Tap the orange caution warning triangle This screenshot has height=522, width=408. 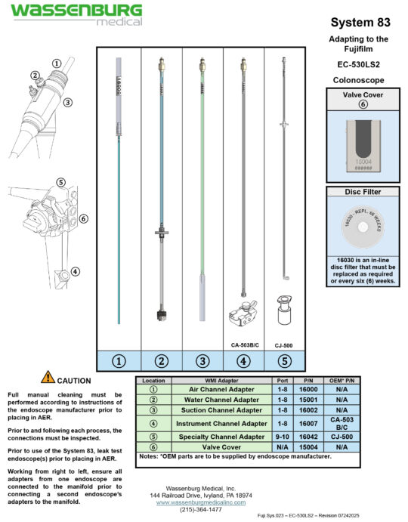point(48,378)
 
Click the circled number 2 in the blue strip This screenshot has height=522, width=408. point(160,360)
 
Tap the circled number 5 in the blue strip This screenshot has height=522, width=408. point(284,360)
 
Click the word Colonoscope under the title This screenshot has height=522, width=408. point(359,79)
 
